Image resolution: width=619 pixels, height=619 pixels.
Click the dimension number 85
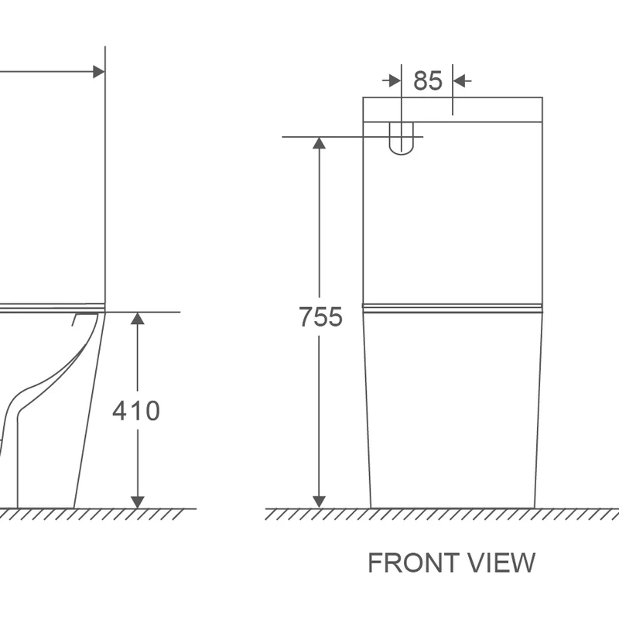[x=428, y=80]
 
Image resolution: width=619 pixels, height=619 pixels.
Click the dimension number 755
[x=320, y=316]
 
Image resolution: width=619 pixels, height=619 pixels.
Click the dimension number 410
[x=136, y=411]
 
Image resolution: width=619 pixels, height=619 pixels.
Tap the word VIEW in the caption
[x=501, y=563]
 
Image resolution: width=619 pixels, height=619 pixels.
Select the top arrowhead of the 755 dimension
[x=319, y=143]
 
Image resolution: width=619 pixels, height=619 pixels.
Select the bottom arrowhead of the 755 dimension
[x=319, y=501]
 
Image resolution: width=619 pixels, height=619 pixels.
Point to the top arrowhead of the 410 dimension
[x=138, y=318]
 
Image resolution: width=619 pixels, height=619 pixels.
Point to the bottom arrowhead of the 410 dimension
[x=138, y=502]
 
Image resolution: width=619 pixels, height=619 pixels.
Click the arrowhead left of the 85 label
[x=395, y=80]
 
